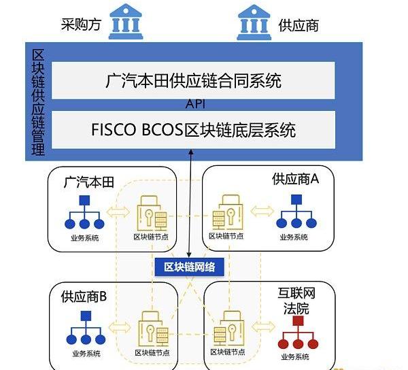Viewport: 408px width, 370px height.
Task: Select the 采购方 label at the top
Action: pos(80,25)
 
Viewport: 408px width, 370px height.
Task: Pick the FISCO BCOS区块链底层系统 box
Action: pos(193,129)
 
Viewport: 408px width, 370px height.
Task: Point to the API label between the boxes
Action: pos(195,105)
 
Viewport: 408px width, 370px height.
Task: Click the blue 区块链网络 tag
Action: pos(189,267)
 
